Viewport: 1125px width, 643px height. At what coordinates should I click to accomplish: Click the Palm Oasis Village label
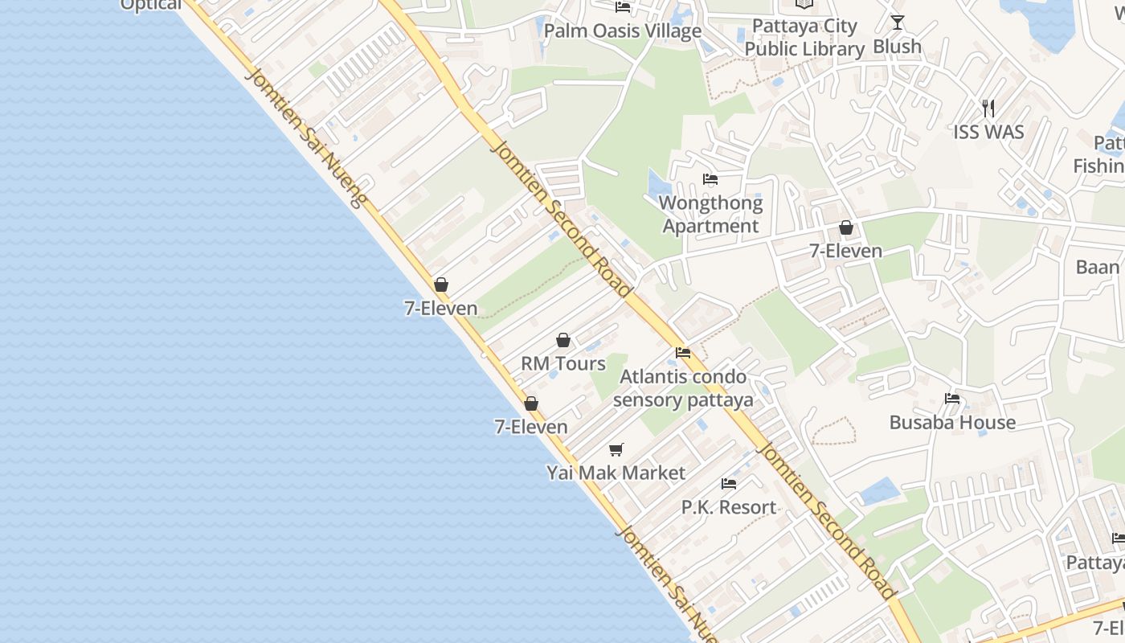coord(623,31)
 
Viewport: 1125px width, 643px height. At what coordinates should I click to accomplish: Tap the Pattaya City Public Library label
coord(804,38)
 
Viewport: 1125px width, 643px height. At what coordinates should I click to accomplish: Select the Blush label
coord(897,47)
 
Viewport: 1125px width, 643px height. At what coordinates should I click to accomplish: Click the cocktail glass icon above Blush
coord(898,23)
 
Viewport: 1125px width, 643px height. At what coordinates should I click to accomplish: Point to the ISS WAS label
coord(988,132)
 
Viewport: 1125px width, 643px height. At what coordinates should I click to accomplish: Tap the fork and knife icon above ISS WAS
coord(988,108)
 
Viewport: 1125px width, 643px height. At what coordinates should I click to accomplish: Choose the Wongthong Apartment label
coord(710,215)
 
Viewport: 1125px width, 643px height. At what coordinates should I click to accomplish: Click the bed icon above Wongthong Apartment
coord(710,179)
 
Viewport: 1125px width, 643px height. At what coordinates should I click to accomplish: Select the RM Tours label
coord(563,363)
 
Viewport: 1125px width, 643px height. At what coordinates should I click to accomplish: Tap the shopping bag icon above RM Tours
coord(563,340)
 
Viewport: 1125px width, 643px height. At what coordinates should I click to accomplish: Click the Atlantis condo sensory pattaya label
coord(683,388)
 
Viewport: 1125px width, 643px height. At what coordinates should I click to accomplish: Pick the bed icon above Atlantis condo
coord(683,353)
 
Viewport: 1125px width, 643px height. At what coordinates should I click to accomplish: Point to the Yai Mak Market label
coord(616,473)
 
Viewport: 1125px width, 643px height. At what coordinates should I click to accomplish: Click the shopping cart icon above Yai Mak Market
coord(616,449)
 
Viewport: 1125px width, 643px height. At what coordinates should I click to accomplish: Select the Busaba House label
coord(952,423)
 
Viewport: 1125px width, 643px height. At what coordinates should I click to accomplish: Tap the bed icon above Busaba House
coord(952,399)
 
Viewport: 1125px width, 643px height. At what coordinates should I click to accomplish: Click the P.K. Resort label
coord(729,508)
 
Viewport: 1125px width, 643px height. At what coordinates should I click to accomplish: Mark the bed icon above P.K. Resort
coord(729,484)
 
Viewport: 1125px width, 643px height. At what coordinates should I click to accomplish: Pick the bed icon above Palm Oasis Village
coord(623,7)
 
